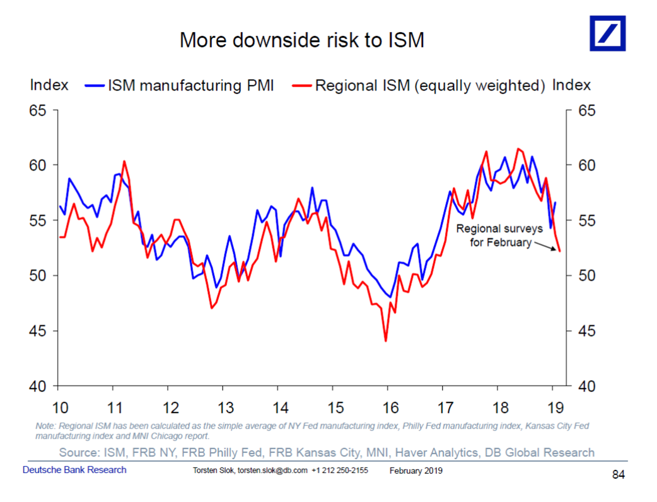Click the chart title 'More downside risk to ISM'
coord(301,40)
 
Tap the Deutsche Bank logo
coord(607,33)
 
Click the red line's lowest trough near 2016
coord(385,341)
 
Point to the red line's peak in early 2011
coord(124,162)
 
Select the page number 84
coord(619,475)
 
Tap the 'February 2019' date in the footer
coord(416,471)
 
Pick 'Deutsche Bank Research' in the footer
coord(74,470)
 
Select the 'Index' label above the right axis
coord(571,85)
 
